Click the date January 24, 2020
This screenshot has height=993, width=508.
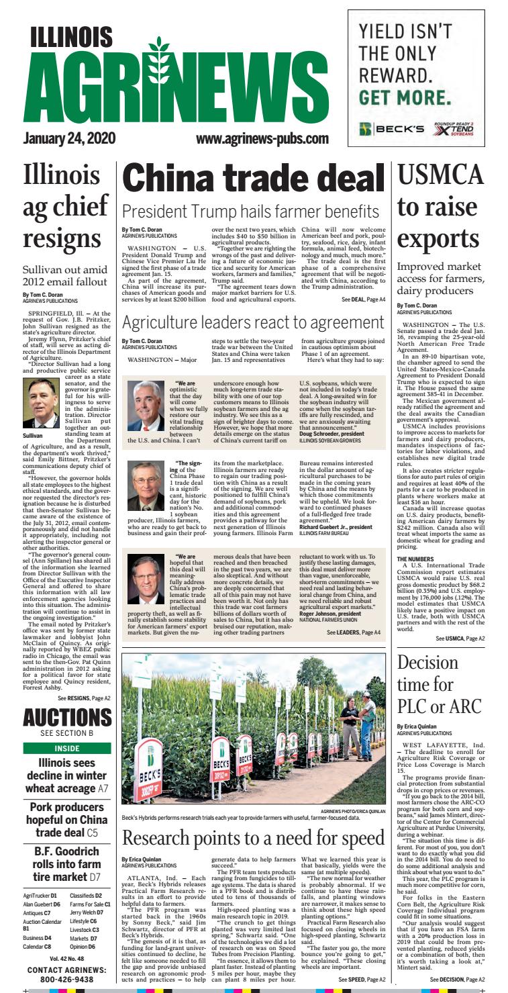tap(69, 139)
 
